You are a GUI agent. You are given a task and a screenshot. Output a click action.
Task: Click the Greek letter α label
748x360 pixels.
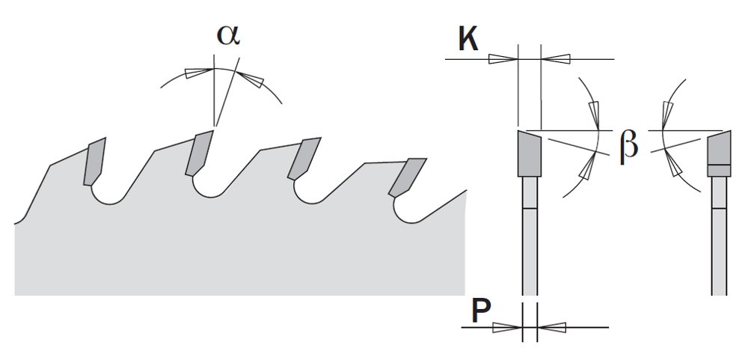(228, 34)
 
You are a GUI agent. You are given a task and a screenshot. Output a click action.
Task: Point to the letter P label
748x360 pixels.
(481, 312)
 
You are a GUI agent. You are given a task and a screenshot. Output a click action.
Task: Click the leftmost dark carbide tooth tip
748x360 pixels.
(94, 162)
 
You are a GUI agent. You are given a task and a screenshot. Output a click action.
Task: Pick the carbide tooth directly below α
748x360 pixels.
(198, 153)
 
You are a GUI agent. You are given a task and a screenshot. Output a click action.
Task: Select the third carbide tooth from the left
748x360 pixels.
(304, 159)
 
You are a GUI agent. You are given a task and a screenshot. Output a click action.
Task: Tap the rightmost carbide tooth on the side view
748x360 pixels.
(407, 177)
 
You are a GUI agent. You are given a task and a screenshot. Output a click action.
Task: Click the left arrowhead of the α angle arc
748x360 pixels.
(199, 73)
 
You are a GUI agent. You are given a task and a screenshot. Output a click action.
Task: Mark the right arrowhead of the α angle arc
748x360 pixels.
(250, 79)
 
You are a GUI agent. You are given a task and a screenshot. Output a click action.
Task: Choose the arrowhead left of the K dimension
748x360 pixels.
(503, 59)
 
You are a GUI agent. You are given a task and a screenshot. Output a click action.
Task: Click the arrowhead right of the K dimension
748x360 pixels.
(556, 59)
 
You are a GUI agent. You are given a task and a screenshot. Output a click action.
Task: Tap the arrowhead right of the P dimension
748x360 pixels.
(552, 328)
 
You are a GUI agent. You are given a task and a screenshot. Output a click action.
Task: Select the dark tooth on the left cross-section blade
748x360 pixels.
(529, 153)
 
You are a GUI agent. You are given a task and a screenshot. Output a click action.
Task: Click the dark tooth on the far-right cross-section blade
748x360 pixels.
(719, 153)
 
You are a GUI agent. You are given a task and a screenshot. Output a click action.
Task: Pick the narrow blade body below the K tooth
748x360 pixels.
(530, 236)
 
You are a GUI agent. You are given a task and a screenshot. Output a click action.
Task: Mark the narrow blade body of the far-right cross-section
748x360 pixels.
(719, 236)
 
